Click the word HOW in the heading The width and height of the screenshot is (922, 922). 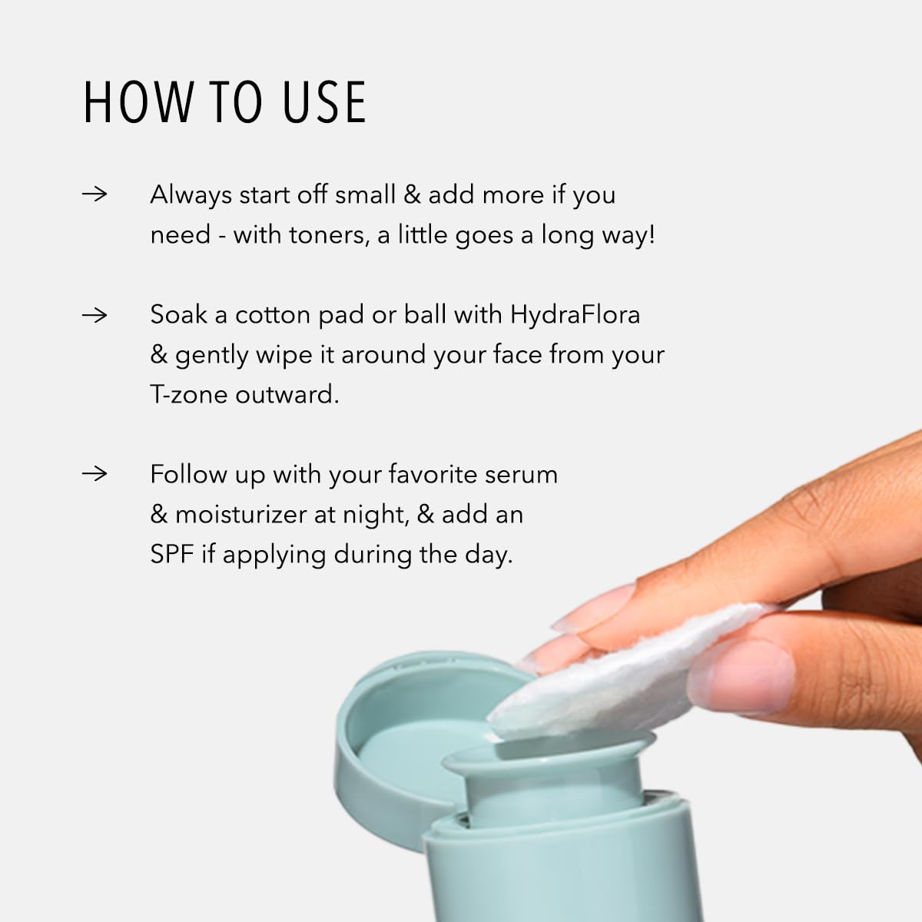138,102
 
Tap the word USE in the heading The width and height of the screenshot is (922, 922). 325,102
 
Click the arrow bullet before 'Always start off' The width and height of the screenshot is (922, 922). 95,194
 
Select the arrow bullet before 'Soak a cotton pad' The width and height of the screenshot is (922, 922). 95,315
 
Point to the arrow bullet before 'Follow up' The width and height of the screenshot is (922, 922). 95,474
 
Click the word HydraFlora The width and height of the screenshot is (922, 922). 575,316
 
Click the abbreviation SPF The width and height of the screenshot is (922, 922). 172,555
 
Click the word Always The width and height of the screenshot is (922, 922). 191,196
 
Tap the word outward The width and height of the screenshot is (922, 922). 287,395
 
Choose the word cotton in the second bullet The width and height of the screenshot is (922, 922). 273,316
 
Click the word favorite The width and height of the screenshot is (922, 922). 433,475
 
